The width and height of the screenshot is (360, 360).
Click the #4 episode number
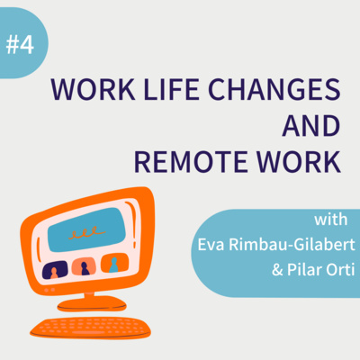coord(20,45)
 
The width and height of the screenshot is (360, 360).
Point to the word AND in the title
coord(311,126)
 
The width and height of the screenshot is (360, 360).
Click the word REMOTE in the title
coord(191,162)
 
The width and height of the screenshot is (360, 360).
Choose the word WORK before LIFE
coord(93,90)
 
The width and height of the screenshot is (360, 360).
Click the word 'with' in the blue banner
coord(331,220)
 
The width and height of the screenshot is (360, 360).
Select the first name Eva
coord(211,245)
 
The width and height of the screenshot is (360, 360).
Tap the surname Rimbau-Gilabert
coord(292,245)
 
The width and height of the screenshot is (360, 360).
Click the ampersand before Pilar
coord(277,270)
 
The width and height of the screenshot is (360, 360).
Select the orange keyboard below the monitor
coord(90,328)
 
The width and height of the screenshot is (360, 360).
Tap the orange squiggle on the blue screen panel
coord(86,232)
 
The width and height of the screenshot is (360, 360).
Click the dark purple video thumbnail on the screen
coord(55,270)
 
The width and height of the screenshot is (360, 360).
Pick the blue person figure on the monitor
coord(113,265)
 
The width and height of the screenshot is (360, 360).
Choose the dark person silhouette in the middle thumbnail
coord(85,268)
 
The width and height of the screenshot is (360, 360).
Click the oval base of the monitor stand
coord(92,304)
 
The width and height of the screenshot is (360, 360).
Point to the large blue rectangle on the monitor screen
coord(87,229)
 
